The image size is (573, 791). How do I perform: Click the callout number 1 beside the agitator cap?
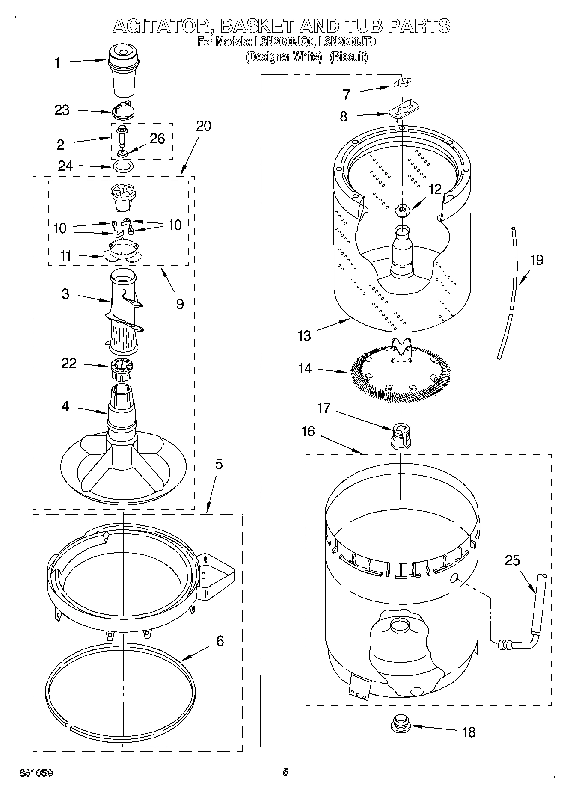58,63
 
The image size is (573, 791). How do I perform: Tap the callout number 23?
62,110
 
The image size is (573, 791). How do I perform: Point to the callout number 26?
157,139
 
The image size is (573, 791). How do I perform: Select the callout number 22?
69,364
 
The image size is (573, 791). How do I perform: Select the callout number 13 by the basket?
304,336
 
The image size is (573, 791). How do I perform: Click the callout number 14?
305,368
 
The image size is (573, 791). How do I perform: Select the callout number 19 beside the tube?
537,260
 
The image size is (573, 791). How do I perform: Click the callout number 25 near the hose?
512,560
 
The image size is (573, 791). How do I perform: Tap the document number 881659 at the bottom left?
36,773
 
